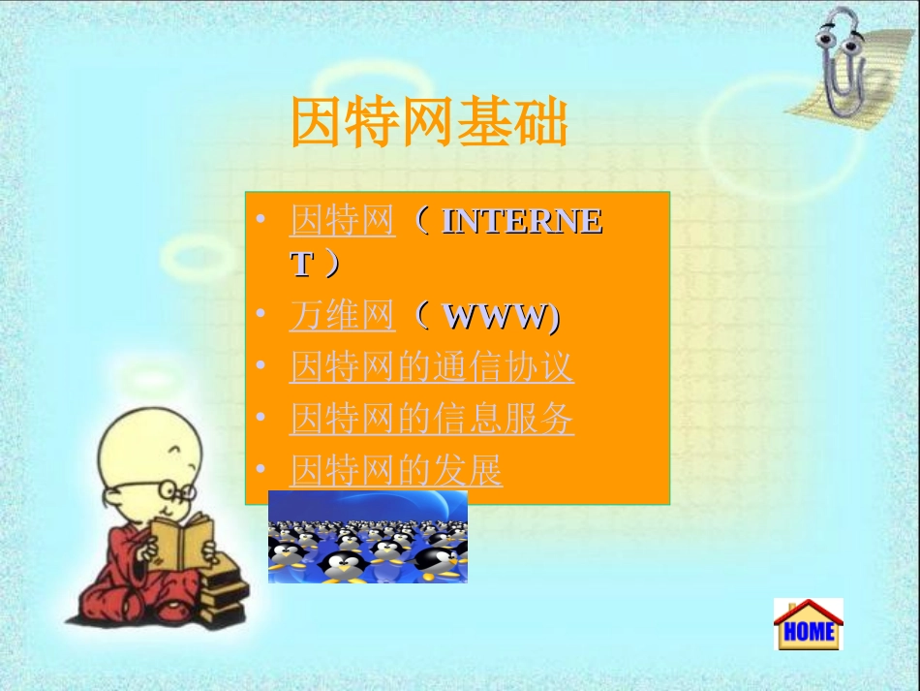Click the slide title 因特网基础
429,123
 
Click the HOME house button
808,624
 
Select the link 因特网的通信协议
431,367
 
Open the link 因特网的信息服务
431,420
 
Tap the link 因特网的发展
396,472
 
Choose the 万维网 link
342,316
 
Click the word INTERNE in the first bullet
522,222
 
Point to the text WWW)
501,316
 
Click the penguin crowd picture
368,537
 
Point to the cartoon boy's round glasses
171,487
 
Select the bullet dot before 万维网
260,316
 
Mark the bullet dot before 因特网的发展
260,472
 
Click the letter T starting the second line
302,265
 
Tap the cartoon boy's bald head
145,441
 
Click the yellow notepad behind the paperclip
862,78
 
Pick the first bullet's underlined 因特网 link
342,222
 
